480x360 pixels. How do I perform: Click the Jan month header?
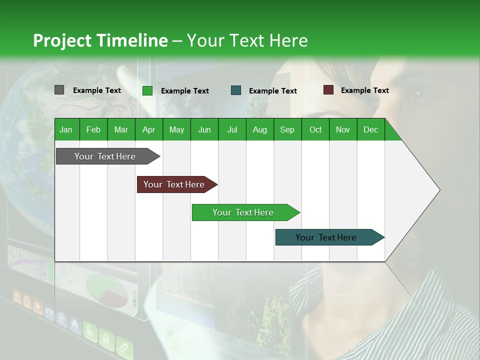tap(66, 129)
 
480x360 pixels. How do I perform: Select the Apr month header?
tap(148, 129)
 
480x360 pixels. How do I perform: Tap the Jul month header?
tap(232, 129)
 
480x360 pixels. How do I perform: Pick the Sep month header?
tap(287, 129)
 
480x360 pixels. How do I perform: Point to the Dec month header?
tap(370, 129)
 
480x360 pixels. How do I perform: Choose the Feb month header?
tap(93, 129)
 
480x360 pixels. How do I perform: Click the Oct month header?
tap(315, 129)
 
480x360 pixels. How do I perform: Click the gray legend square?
tap(59, 90)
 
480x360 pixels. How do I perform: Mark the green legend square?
tap(147, 90)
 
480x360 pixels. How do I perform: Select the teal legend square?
tap(236, 90)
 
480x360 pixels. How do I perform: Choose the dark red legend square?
tap(328, 90)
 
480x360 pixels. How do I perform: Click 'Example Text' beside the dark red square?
tap(364, 90)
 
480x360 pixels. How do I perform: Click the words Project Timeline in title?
tap(100, 40)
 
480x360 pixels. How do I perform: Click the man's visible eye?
tap(416, 93)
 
